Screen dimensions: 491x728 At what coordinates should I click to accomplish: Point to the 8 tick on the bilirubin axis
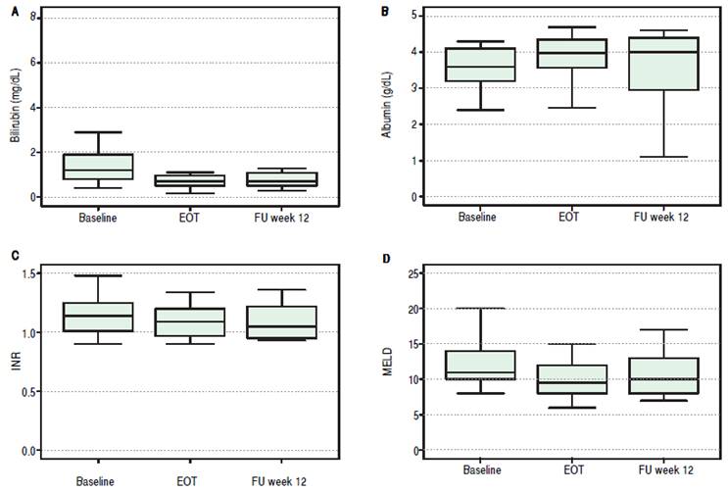point(33,18)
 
